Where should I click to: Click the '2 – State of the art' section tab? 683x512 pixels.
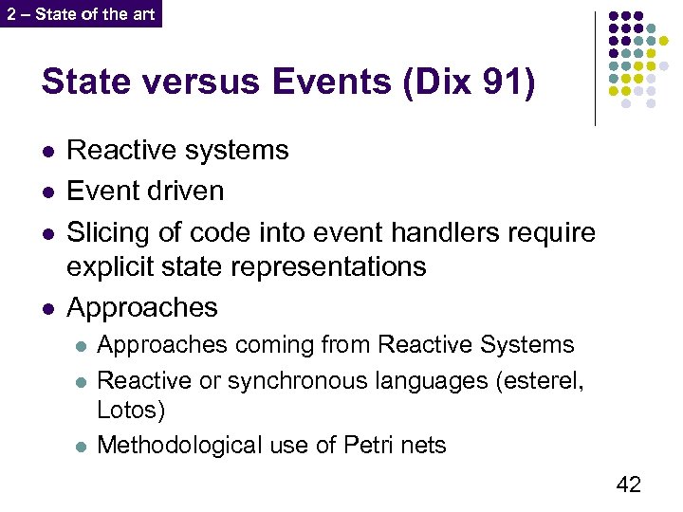[81, 14]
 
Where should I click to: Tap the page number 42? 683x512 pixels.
[629, 485]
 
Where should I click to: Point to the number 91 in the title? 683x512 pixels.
[504, 82]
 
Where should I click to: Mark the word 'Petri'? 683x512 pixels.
[364, 445]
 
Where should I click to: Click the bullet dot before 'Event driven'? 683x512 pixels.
[47, 192]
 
